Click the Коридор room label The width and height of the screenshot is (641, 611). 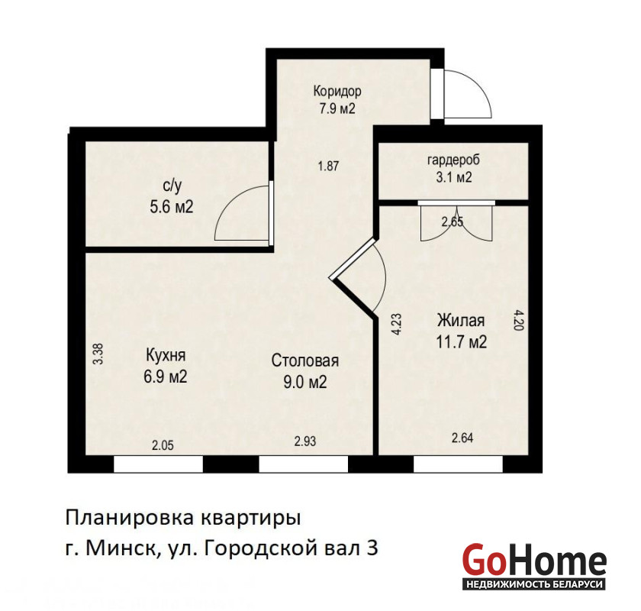click(x=337, y=91)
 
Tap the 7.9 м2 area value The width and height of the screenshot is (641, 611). click(x=337, y=109)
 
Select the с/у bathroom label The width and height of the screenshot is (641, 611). click(x=172, y=186)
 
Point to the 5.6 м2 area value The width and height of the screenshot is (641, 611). click(x=171, y=207)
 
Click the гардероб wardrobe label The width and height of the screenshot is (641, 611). click(x=453, y=160)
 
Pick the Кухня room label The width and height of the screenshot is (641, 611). click(x=166, y=355)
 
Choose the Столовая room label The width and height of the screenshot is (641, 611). click(x=305, y=360)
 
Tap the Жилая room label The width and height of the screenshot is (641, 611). click(x=461, y=320)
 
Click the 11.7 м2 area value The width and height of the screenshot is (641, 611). click(x=462, y=341)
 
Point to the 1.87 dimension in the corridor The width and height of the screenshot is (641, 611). click(x=329, y=166)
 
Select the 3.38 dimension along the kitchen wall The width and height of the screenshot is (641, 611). click(x=98, y=354)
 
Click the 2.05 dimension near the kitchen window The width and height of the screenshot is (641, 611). click(x=163, y=446)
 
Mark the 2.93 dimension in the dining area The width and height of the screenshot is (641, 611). click(x=305, y=441)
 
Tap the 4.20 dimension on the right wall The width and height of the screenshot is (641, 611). click(x=518, y=319)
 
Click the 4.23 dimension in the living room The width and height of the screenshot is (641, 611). click(x=397, y=324)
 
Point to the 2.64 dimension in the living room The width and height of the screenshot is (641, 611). click(x=462, y=438)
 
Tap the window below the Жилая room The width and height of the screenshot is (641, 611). click(x=458, y=464)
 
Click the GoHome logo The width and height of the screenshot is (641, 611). click(x=534, y=567)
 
